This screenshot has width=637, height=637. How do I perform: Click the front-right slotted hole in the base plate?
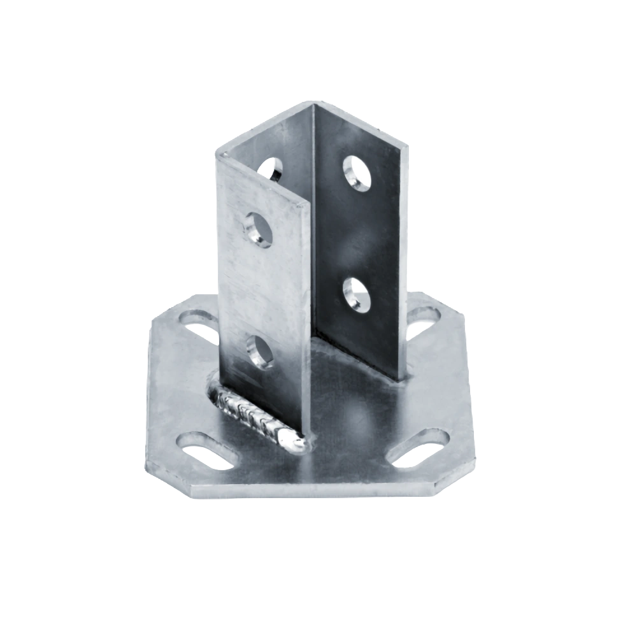tap(419, 448)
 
